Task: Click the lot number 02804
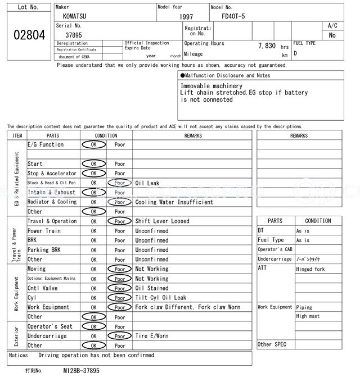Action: [29, 35]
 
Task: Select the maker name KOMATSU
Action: [74, 16]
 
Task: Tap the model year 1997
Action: [186, 17]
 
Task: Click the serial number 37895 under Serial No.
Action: [74, 35]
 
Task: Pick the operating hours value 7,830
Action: [266, 46]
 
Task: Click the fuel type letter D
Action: [295, 53]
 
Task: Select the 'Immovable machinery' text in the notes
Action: [207, 86]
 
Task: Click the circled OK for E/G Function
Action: [94, 144]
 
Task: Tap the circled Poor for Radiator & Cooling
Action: [120, 202]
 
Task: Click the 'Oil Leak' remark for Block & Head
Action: [147, 183]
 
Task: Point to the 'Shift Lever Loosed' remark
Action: [162, 221]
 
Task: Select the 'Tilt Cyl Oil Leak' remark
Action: [160, 298]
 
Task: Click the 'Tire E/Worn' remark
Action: [151, 336]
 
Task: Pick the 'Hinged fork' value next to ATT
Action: [310, 269]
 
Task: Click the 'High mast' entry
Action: [308, 316]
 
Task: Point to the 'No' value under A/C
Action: [332, 35]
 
